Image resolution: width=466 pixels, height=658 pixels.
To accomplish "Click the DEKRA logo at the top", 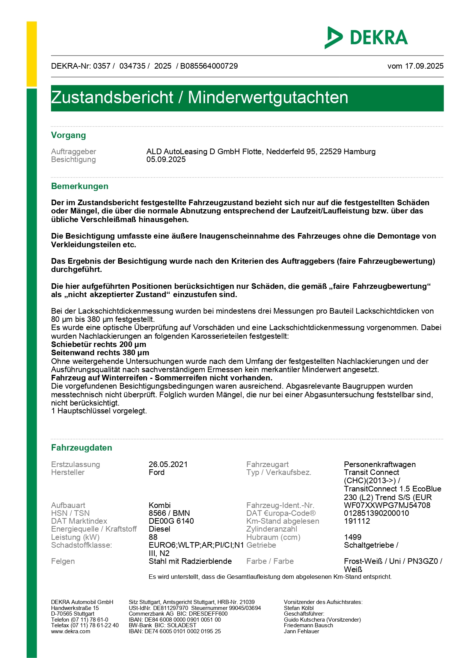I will pos(366,38).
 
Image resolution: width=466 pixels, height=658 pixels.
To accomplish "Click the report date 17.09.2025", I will pos(424,66).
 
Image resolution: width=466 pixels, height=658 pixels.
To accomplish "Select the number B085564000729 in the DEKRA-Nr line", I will pos(209,66).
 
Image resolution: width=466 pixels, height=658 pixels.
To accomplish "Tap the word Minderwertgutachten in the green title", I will pos(268,98).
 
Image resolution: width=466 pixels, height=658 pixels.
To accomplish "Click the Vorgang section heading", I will pos(68,135).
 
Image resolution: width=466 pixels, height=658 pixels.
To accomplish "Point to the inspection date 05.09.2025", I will pos(166,159).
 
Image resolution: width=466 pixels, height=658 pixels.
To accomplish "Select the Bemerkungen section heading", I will pos(80,186).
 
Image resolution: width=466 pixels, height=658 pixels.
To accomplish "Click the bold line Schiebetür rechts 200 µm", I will pos(99,344).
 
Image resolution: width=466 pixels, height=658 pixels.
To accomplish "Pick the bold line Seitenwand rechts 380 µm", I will pos(100,353).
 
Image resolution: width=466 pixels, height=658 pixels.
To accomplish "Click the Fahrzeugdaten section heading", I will pos(81,448).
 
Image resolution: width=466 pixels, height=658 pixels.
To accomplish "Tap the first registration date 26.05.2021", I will pos(168,464).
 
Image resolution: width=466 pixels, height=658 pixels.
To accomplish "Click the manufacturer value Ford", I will pos(157,472).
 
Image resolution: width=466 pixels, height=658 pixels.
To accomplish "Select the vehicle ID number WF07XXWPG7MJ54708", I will pos(387,505).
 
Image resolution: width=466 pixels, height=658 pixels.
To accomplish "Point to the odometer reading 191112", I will pos(357,521).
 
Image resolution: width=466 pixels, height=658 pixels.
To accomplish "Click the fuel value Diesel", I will pos(160,529).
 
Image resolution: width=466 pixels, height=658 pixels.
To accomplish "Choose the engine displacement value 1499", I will pos(353,537).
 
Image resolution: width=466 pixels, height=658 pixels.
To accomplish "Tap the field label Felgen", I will pos(63,561).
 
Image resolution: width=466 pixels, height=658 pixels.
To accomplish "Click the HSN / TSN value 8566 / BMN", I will pos(169,513).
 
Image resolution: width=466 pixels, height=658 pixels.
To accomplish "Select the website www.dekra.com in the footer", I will pos(71,631).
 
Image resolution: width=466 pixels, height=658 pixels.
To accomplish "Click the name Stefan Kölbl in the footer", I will pos(299,608).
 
